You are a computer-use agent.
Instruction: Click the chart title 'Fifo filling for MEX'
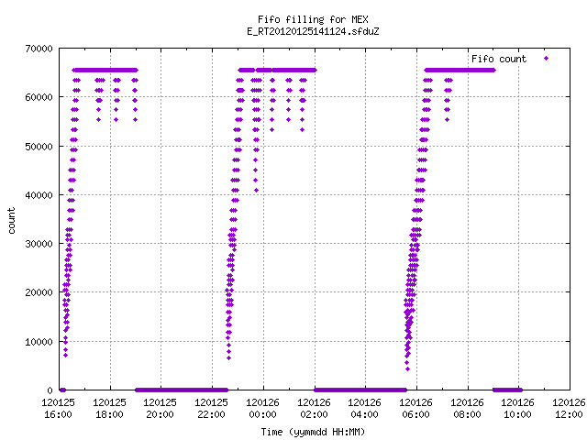[x=313, y=19]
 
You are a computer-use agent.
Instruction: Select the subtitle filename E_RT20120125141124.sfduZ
[x=313, y=31]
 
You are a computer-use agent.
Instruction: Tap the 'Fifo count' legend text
[x=499, y=59]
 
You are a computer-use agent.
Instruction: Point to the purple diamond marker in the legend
[x=547, y=58]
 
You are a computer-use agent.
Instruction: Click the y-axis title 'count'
[x=12, y=221]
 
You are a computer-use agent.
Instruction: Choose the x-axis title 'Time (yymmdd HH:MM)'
[x=313, y=432]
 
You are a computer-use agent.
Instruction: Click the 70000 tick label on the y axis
[x=39, y=49]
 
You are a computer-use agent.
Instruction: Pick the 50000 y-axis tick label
[x=39, y=147]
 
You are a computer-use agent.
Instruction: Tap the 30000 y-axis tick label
[x=39, y=244]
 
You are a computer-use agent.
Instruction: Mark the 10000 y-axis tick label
[x=39, y=342]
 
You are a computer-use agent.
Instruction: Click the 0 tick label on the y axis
[x=50, y=390]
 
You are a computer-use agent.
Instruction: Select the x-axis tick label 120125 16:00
[x=58, y=409]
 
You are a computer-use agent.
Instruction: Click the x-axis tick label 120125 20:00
[x=160, y=409]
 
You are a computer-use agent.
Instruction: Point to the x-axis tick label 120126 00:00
[x=262, y=409]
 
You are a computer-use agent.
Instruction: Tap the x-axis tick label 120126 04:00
[x=365, y=409]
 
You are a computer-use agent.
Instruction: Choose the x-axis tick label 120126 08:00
[x=467, y=409]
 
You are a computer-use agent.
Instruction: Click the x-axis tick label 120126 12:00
[x=569, y=409]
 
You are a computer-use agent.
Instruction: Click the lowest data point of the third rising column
[x=407, y=368]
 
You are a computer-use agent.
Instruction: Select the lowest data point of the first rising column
[x=65, y=355]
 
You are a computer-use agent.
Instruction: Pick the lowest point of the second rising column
[x=228, y=358]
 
